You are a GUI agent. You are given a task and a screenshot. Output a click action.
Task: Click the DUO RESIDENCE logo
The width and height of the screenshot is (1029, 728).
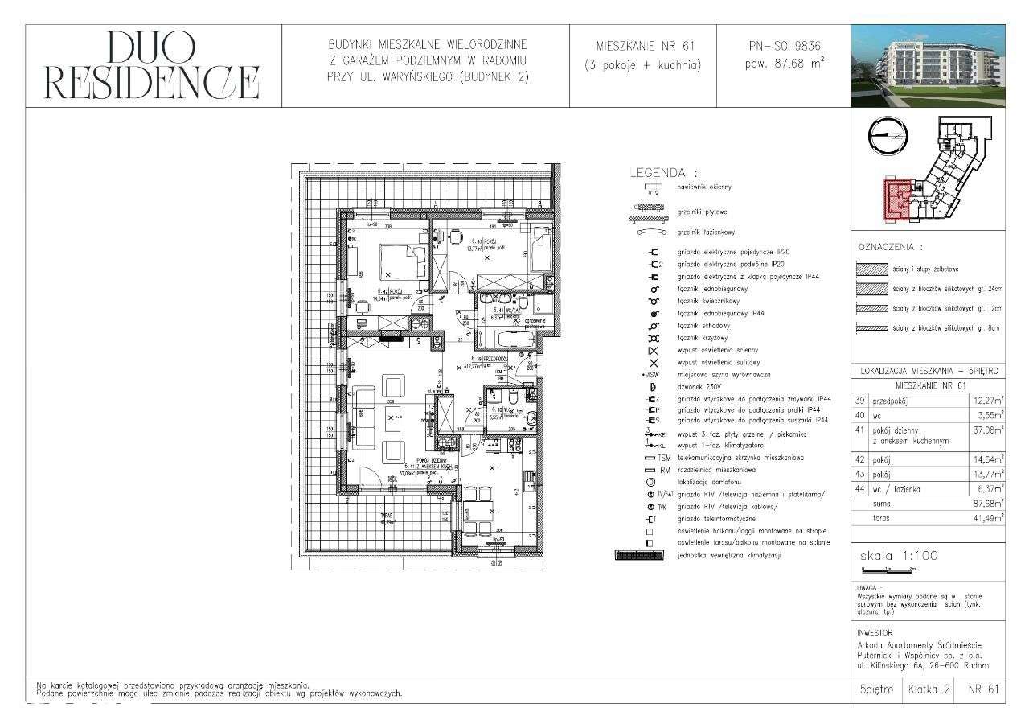tap(153, 67)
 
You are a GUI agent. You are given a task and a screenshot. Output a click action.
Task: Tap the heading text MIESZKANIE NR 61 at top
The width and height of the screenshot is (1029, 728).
tap(643, 45)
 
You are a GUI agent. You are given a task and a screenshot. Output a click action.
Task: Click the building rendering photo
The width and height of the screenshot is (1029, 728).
tap(928, 66)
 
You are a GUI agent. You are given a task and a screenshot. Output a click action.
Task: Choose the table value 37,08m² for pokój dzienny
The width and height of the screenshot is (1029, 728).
tap(987, 431)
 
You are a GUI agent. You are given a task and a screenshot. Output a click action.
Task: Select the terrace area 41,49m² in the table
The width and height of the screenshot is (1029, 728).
tap(987, 519)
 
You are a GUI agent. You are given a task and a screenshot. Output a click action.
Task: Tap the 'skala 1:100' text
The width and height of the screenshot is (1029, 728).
tap(899, 556)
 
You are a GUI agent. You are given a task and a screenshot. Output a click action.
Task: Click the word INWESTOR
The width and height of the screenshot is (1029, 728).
tap(875, 633)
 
